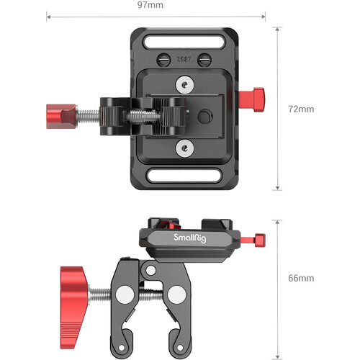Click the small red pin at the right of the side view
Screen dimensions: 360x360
[x=260, y=238]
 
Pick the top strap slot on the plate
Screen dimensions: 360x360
[x=185, y=36]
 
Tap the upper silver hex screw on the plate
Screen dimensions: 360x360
[x=186, y=86]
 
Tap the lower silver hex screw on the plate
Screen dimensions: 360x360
[x=186, y=148]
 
